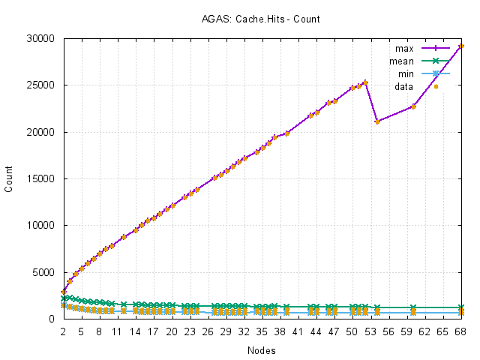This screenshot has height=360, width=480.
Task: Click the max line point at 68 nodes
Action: tap(461, 46)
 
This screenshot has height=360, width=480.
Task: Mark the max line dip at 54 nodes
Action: tap(377, 121)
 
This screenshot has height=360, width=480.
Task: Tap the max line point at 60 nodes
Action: tap(413, 106)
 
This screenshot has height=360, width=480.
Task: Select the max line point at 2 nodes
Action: tap(63, 292)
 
